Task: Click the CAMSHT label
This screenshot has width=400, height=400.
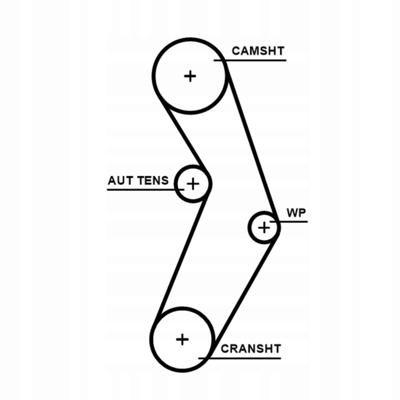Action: click(258, 51)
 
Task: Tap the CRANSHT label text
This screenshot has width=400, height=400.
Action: click(251, 349)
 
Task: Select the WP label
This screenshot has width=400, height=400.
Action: click(296, 213)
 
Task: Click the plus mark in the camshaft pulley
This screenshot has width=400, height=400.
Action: click(190, 76)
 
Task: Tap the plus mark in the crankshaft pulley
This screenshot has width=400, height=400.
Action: click(182, 339)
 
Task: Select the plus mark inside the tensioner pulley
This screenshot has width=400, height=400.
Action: click(193, 184)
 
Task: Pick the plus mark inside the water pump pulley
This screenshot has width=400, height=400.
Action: click(264, 228)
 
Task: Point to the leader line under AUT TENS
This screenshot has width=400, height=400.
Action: click(140, 190)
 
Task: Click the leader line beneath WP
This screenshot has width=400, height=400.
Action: click(293, 221)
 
